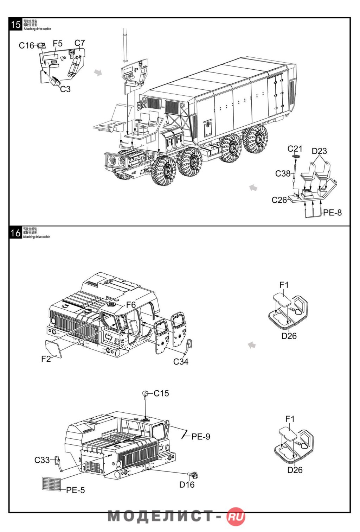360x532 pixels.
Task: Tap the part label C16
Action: (26, 45)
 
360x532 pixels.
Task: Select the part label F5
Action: (58, 43)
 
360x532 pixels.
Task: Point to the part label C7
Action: (80, 43)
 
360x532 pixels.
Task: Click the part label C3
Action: (65, 89)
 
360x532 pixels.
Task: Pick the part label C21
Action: (295, 149)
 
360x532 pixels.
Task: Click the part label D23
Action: (319, 151)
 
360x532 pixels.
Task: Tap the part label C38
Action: (283, 173)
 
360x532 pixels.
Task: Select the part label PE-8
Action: (332, 213)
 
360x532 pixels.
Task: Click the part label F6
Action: (131, 305)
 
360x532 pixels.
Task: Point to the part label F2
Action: (46, 359)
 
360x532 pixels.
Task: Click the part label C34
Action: (181, 361)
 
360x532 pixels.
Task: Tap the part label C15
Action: (161, 393)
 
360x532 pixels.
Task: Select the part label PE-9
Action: (201, 437)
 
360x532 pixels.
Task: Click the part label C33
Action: (42, 460)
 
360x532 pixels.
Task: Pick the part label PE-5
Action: (76, 490)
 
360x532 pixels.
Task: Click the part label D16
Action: (187, 484)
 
